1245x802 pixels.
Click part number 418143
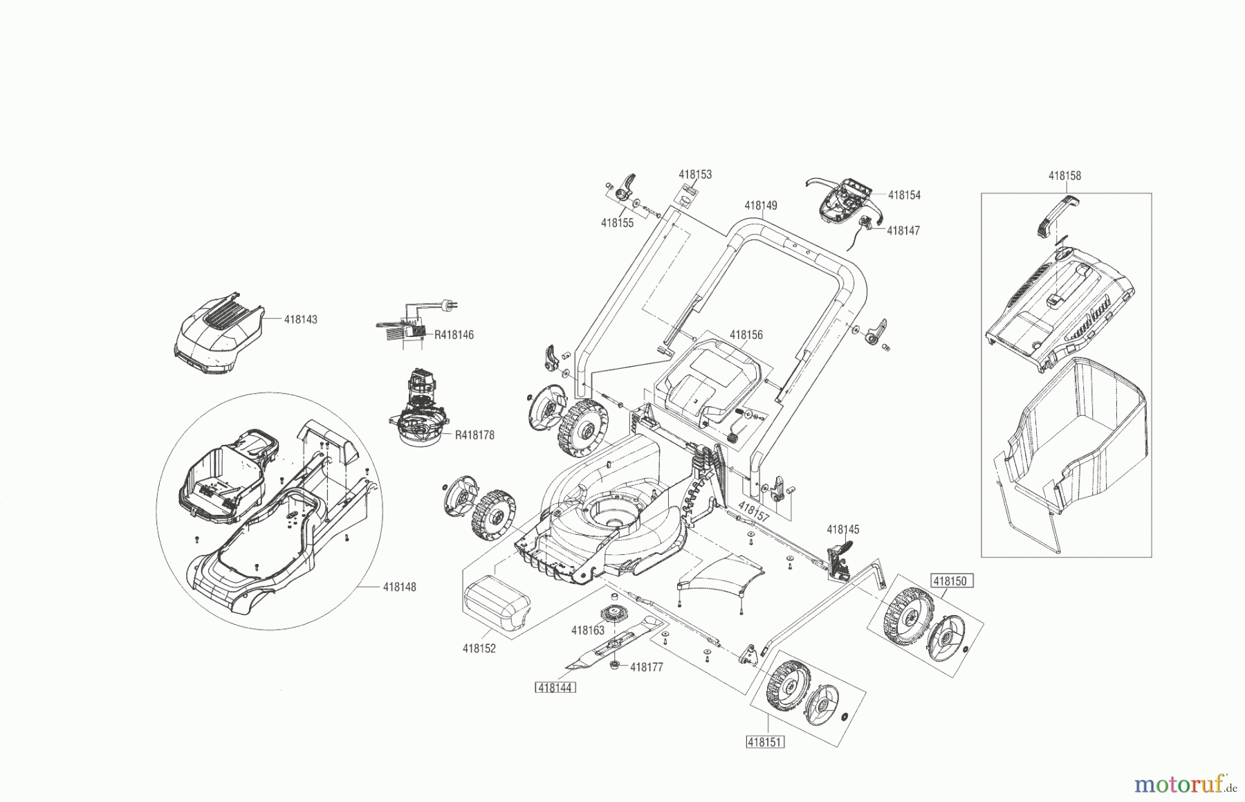pyautogui.click(x=301, y=320)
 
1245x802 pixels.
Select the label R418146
pyautogui.click(x=454, y=335)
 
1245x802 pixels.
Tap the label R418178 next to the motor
pyautogui.click(x=474, y=435)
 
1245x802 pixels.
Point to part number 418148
pyautogui.click(x=400, y=587)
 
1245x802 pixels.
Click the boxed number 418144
pyautogui.click(x=556, y=688)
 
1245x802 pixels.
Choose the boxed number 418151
pyautogui.click(x=765, y=742)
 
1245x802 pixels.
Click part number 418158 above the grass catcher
pyautogui.click(x=1064, y=176)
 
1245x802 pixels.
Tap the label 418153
pyautogui.click(x=695, y=175)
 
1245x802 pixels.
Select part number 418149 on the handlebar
pyautogui.click(x=761, y=206)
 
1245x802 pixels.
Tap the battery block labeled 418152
pyautogui.click(x=498, y=605)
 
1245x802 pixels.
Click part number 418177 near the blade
pyautogui.click(x=646, y=667)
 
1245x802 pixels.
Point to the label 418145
pyautogui.click(x=842, y=529)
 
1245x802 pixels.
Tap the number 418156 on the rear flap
pyautogui.click(x=746, y=335)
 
